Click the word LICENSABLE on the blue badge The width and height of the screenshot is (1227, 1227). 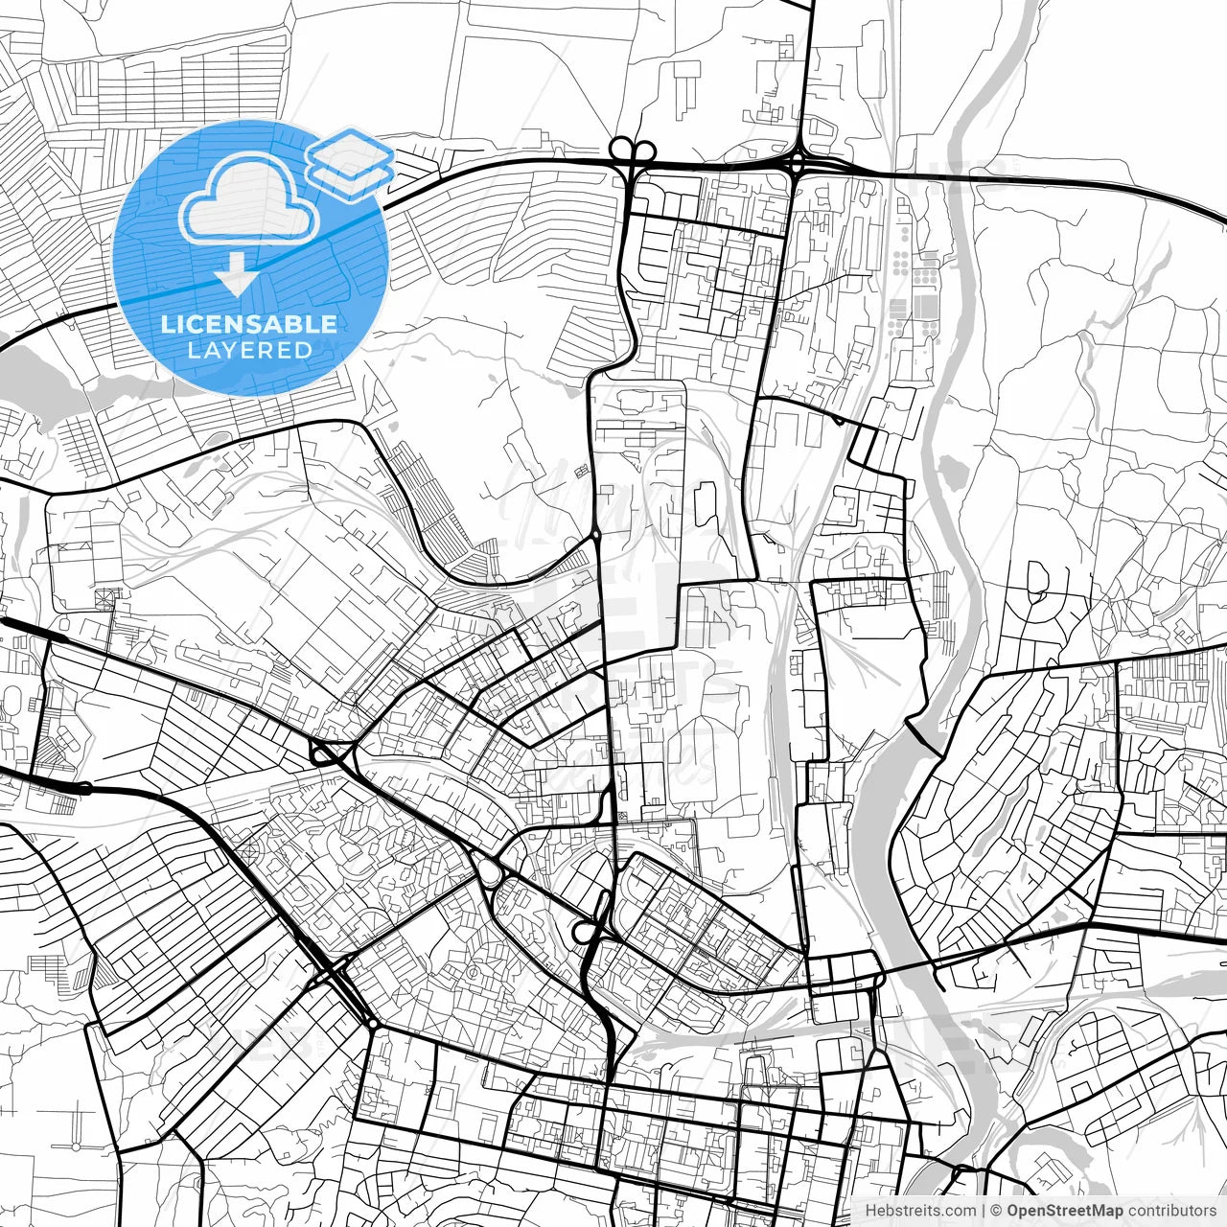coord(249,324)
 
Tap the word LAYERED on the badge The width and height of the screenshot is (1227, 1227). coord(249,350)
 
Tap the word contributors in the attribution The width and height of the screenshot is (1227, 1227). coord(1169,1211)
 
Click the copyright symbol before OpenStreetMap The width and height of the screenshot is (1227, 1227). coord(996,1211)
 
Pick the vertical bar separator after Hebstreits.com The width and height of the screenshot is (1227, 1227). coord(984,1211)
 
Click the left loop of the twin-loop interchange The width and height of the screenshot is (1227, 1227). coord(621,148)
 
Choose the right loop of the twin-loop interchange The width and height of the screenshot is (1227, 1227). coord(644,149)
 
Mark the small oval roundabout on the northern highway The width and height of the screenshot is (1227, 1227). coord(798,163)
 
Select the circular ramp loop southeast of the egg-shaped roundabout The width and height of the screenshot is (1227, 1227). coord(583,931)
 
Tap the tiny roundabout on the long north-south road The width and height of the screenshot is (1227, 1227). coord(596,533)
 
